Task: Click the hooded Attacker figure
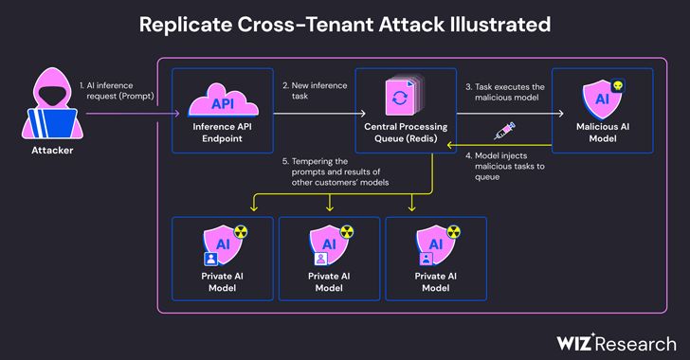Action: point(52,104)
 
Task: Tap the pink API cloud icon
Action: point(223,100)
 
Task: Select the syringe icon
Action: point(504,131)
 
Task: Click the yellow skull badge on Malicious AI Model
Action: point(618,85)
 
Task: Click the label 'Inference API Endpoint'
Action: point(222,133)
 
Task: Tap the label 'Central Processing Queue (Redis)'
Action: point(406,133)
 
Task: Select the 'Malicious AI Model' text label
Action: point(603,133)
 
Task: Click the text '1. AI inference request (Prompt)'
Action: point(118,91)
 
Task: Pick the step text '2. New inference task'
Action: point(315,91)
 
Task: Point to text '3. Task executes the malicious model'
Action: point(505,92)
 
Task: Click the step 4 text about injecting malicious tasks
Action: point(505,167)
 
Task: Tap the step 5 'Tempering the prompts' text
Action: point(336,171)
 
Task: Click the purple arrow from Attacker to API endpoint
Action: point(133,114)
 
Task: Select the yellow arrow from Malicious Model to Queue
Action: point(499,145)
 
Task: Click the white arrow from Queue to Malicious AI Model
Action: point(510,114)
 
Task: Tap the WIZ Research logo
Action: point(616,343)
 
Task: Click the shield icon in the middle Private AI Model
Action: point(328,244)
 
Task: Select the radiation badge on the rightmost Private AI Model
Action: point(454,231)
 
